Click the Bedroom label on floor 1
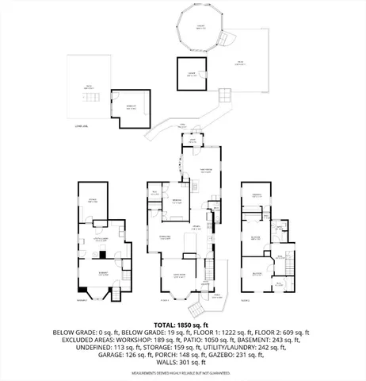coord(177,202)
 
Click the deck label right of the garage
coord(238,62)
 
